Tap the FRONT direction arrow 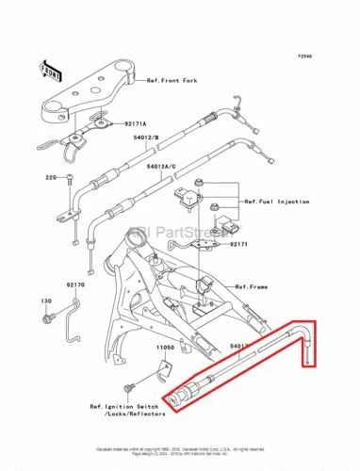tap(49, 73)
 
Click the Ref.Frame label tap(253, 285)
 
